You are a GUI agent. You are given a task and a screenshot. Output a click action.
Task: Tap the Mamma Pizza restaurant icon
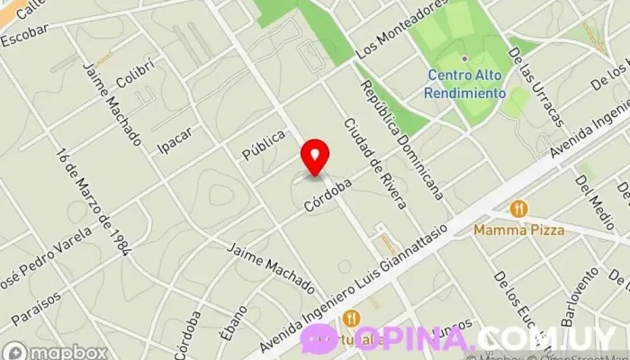click(518, 210)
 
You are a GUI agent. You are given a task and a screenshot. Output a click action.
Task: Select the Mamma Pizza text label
click(519, 230)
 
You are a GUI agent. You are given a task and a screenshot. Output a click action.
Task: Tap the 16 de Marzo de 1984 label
click(93, 201)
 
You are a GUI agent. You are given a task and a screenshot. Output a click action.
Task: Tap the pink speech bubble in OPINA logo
click(318, 339)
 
